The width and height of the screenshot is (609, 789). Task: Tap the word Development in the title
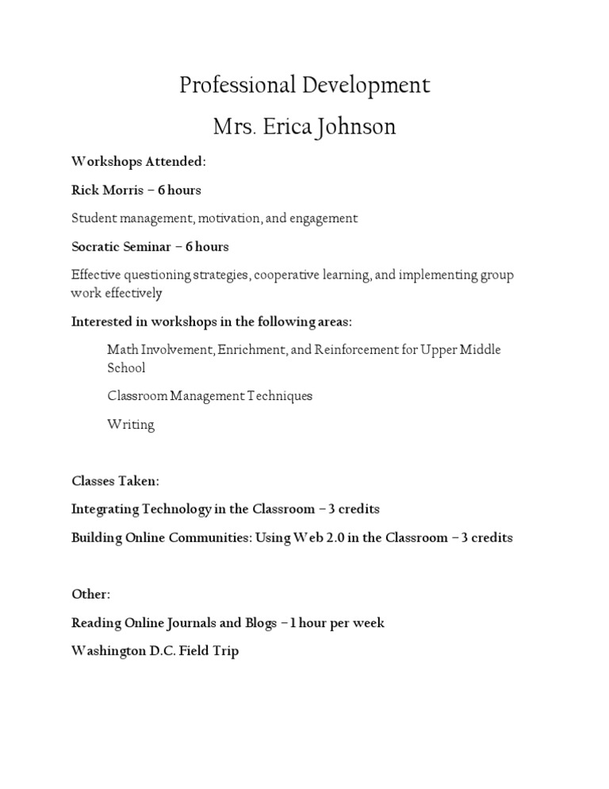pyautogui.click(x=366, y=86)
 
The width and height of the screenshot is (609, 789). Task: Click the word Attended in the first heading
pyautogui.click(x=174, y=161)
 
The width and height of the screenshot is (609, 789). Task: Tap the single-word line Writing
pyautogui.click(x=131, y=425)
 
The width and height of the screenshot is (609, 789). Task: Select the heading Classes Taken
pyautogui.click(x=104, y=481)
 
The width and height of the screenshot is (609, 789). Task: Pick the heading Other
pyautogui.click(x=91, y=595)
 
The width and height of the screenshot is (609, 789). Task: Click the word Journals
pyautogui.click(x=190, y=623)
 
